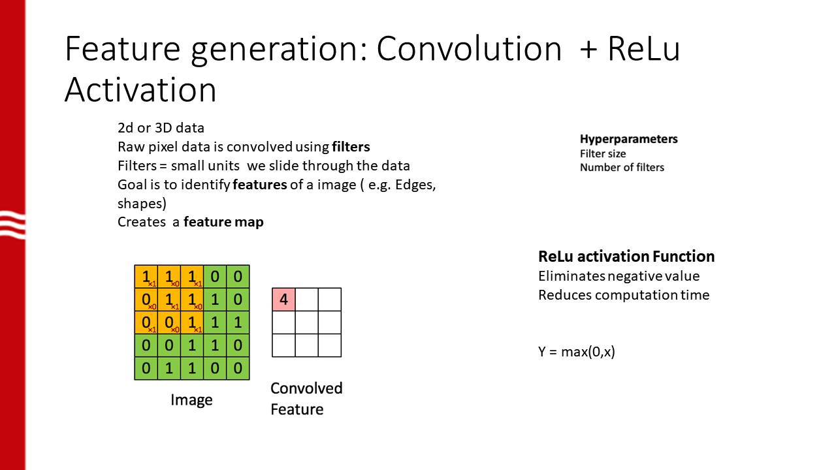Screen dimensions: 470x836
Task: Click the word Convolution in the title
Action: click(468, 49)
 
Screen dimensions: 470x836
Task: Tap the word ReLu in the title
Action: click(643, 49)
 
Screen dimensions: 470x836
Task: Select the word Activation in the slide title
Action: click(140, 90)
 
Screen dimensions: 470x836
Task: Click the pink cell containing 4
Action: click(283, 300)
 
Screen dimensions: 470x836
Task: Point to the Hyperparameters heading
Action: click(628, 139)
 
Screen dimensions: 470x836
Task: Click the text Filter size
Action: click(603, 153)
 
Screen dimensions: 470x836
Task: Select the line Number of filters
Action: click(622, 167)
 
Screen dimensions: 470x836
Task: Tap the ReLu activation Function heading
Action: click(626, 256)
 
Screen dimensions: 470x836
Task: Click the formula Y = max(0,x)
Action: click(576, 352)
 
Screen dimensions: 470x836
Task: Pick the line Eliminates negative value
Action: click(619, 276)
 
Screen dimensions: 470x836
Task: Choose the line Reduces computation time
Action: click(623, 295)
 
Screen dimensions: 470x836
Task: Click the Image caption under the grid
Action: click(191, 399)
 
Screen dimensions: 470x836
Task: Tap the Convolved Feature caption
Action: click(306, 398)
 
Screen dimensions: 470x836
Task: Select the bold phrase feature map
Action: click(223, 222)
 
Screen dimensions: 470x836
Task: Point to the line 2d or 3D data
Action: click(161, 128)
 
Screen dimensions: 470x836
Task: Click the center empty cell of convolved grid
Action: click(306, 322)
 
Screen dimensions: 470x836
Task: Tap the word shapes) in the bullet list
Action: click(142, 203)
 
